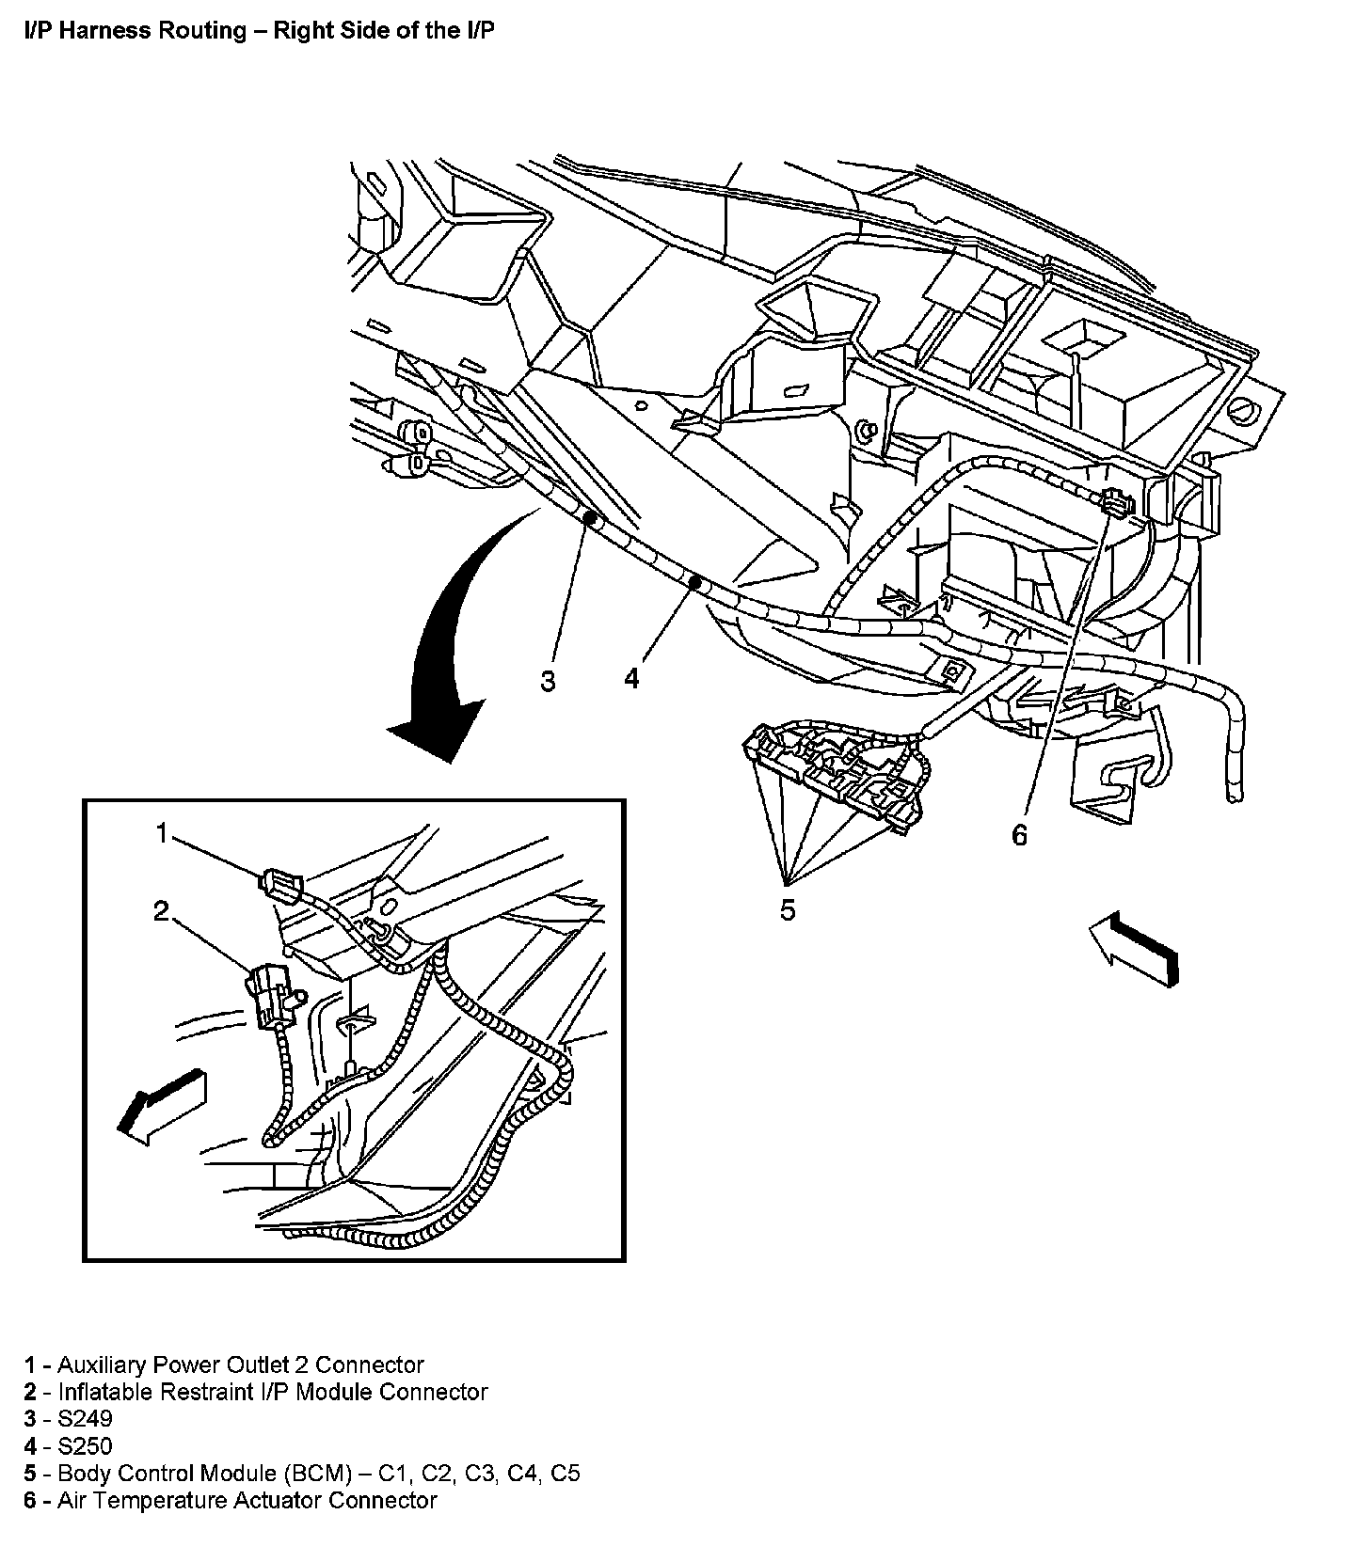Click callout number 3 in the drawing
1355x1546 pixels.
[548, 681]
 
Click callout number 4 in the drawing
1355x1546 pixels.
[631, 677]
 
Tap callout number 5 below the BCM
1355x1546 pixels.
[788, 909]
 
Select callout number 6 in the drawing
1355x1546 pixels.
[1020, 834]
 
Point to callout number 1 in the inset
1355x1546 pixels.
[162, 833]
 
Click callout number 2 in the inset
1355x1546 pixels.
[162, 909]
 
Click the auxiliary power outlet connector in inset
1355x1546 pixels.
[279, 884]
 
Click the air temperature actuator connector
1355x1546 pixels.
[1115, 504]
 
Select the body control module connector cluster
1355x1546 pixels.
[828, 766]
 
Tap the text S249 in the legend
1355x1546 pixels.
[85, 1418]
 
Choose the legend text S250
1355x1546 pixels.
[85, 1445]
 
